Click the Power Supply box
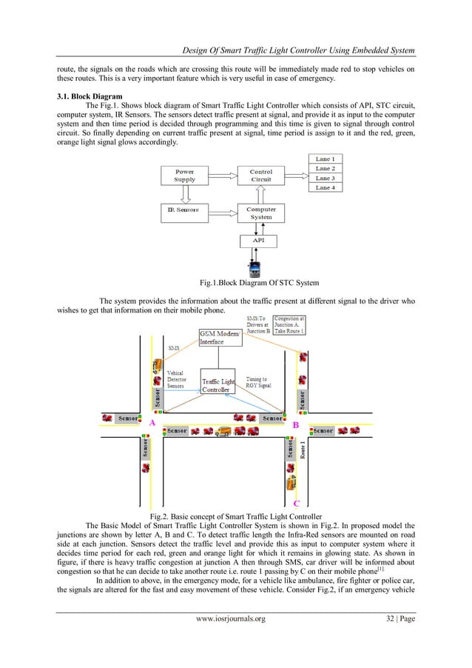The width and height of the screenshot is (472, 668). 185,175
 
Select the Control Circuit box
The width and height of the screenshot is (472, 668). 260,175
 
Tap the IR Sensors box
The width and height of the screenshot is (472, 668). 185,213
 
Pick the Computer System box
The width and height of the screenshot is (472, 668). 260,213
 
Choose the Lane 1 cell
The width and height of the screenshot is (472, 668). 325,158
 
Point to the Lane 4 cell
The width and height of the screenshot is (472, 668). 325,188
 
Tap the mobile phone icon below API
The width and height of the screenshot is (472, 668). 255,268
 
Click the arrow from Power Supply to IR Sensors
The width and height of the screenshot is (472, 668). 185,195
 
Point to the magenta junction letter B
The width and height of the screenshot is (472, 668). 296,426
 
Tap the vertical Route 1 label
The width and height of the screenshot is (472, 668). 303,450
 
